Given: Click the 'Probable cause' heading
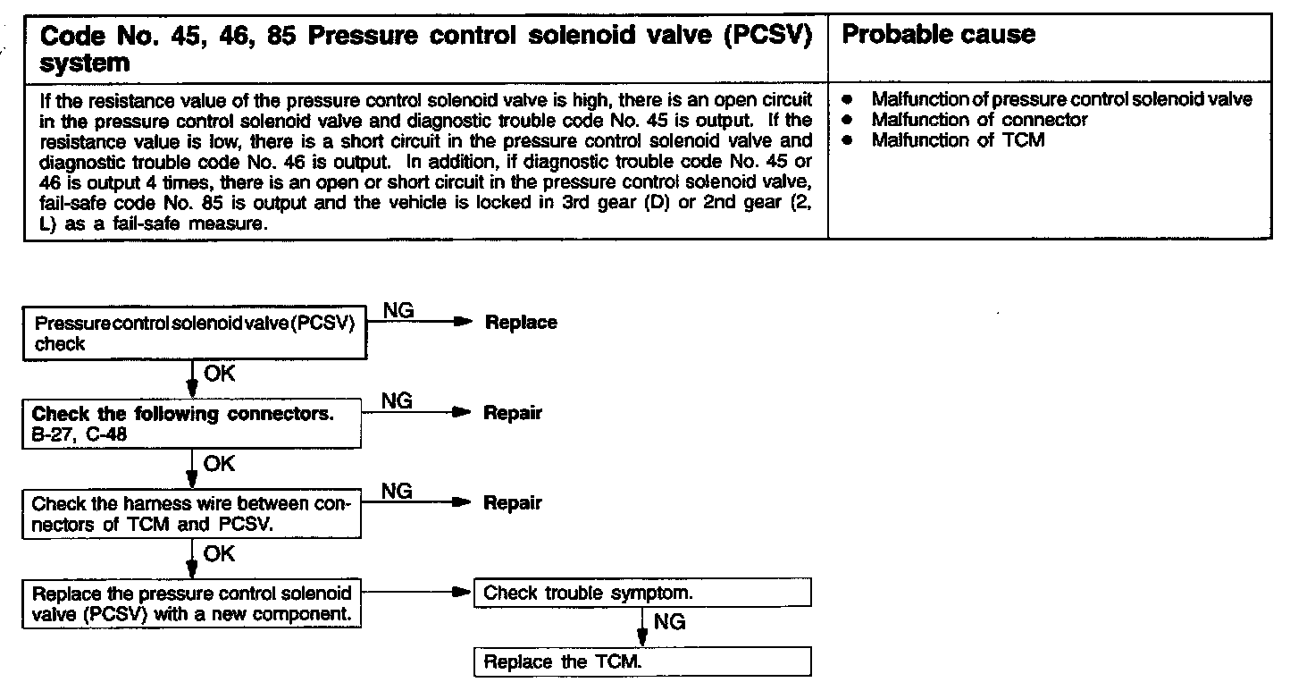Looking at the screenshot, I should pyautogui.click(x=939, y=35).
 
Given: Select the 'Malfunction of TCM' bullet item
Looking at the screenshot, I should pyautogui.click(x=958, y=140).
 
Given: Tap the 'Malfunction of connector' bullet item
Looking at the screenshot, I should pyautogui.click(x=979, y=120).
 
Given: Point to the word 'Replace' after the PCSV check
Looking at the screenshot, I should pyautogui.click(x=520, y=323).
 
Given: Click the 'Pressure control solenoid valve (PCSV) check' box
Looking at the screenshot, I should pyautogui.click(x=194, y=335).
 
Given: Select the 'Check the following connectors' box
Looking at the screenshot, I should pyautogui.click(x=191, y=424).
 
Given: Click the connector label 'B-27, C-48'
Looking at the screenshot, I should pyautogui.click(x=79, y=434).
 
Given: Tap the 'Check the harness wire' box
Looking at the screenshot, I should pyautogui.click(x=191, y=514).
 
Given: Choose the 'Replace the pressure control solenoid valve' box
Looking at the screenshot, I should pyautogui.click(x=191, y=604).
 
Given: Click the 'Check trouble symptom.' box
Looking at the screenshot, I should pyautogui.click(x=642, y=593).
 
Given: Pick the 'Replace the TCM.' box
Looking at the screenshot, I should pyautogui.click(x=642, y=662).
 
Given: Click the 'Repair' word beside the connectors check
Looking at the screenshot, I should pyautogui.click(x=513, y=413).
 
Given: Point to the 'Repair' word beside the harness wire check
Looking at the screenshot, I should pyautogui.click(x=513, y=502).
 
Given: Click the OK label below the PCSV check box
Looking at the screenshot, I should pyautogui.click(x=219, y=374).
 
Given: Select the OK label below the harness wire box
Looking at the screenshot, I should pyautogui.click(x=219, y=554).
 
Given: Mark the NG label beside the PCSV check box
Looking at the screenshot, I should pyautogui.click(x=398, y=310).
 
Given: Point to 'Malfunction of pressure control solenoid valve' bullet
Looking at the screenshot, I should pyautogui.click(x=1061, y=99).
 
